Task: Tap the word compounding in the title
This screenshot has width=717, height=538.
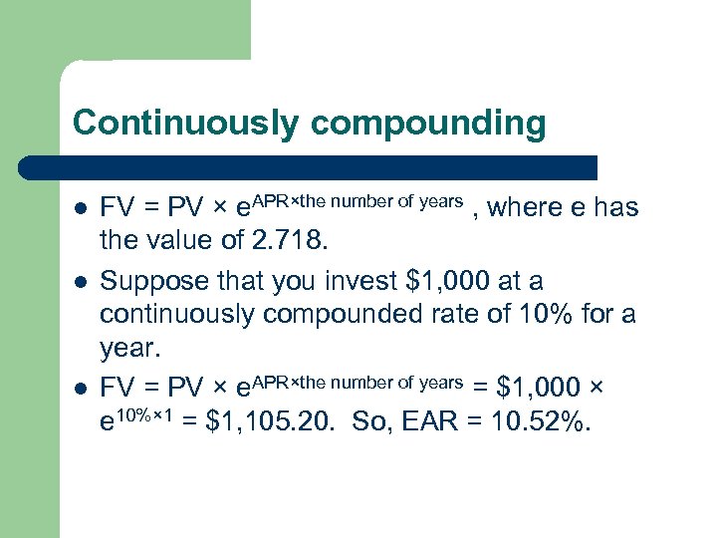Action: click(428, 123)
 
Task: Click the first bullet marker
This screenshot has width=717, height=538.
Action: click(80, 210)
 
